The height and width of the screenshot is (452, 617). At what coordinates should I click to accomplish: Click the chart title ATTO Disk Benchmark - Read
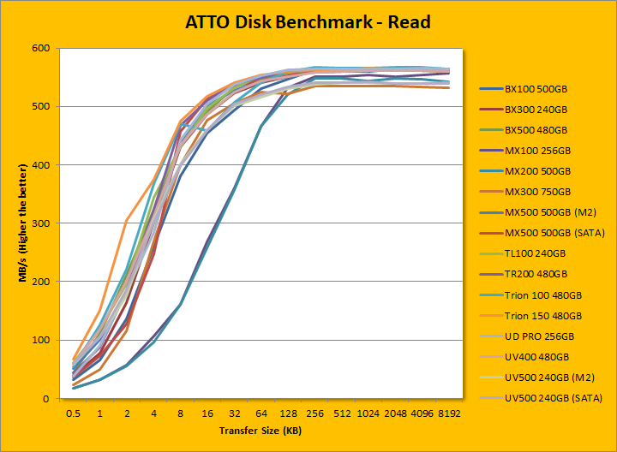pyautogui.click(x=308, y=22)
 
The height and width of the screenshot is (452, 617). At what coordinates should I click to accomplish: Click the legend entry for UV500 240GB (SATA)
pyautogui.click(x=549, y=398)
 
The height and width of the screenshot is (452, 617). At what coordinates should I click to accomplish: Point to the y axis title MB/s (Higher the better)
pyautogui.click(x=19, y=223)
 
